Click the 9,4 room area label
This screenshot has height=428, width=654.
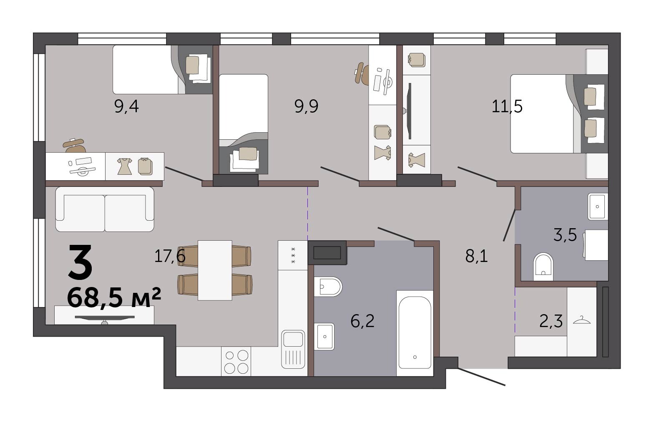(126, 106)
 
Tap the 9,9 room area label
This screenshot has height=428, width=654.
(306, 106)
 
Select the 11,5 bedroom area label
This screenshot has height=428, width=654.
(507, 106)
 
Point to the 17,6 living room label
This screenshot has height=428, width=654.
(170, 257)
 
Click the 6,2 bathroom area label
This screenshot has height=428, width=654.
(362, 322)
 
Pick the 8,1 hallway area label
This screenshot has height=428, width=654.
(476, 257)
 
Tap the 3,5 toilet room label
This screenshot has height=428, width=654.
(565, 235)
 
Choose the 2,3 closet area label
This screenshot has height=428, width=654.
(551, 322)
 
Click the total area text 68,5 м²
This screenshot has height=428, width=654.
(114, 297)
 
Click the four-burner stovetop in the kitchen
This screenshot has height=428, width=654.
(236, 361)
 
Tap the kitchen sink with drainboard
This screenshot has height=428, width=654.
(293, 349)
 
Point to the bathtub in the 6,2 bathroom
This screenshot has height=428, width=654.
(415, 333)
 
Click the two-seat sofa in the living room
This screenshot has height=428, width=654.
(105, 209)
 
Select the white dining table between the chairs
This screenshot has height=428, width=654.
(215, 270)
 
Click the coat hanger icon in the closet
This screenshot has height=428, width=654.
(581, 320)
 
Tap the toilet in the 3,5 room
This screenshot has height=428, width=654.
(543, 267)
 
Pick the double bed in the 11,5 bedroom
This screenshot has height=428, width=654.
(559, 113)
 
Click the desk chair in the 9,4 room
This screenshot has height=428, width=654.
(75, 146)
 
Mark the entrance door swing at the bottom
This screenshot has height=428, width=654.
(481, 377)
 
